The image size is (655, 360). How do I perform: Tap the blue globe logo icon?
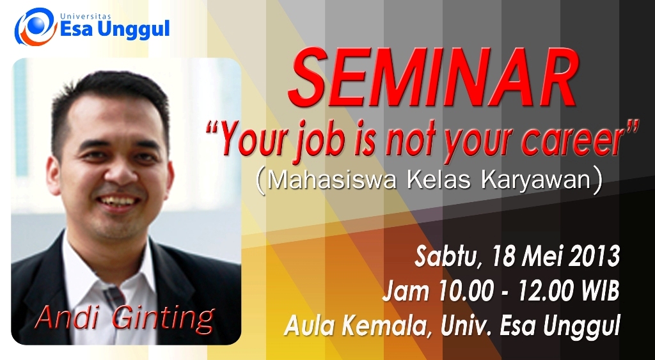[36, 26]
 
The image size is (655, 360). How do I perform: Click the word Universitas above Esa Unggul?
[86, 16]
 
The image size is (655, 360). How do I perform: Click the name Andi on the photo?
[71, 317]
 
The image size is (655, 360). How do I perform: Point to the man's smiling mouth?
[118, 201]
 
